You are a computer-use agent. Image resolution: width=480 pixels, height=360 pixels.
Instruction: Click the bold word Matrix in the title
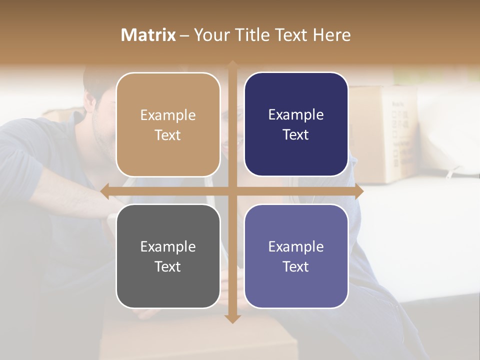(x=148, y=35)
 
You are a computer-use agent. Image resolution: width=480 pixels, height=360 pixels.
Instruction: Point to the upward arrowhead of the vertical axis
(x=232, y=64)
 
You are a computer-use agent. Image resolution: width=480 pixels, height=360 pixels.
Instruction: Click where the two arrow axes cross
(x=232, y=191)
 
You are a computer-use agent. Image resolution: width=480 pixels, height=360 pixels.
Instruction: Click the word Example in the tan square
(x=168, y=115)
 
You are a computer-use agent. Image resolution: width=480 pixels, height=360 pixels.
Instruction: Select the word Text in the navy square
(x=296, y=135)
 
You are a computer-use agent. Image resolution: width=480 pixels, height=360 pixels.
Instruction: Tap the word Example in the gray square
(x=168, y=246)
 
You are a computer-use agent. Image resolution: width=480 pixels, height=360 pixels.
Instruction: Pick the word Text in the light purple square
(x=296, y=266)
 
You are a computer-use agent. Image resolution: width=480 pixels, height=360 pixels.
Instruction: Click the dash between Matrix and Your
(x=184, y=35)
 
